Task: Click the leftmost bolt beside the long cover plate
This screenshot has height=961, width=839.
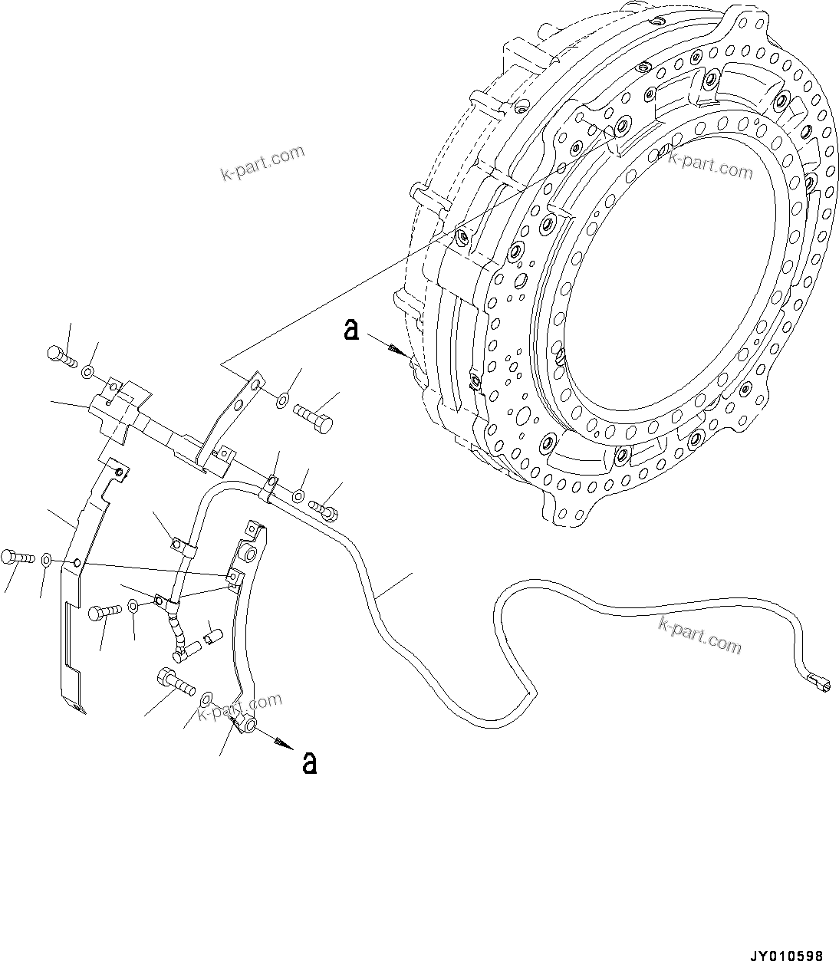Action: pos(16,557)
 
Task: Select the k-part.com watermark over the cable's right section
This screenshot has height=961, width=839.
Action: pos(699,634)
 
